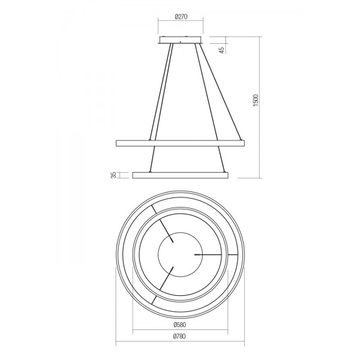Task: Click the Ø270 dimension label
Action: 181,17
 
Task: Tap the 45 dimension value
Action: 222,50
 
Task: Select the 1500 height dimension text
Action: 256,100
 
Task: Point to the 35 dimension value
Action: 113,175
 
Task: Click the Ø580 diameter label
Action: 180,325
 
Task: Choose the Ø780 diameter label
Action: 179,337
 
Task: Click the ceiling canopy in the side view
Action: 181,40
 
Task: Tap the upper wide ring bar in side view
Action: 180,143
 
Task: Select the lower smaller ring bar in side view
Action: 180,175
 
